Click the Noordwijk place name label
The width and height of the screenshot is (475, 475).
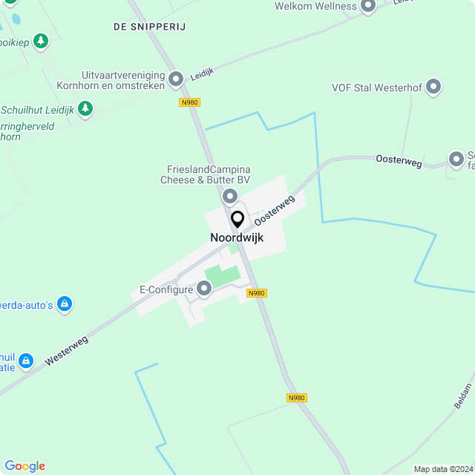coord(237,237)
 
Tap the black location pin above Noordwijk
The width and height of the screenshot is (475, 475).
coord(237,220)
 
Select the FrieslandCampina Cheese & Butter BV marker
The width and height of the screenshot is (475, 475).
coord(230,196)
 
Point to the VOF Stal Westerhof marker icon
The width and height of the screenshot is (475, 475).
coord(434,88)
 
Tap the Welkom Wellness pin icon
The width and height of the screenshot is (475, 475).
coord(368,7)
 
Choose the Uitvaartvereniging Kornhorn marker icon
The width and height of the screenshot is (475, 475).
coord(176,78)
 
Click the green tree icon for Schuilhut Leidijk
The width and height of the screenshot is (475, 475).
coord(85,110)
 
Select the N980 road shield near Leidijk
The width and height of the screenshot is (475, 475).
coord(189,102)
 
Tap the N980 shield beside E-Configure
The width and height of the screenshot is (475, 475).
coord(257,293)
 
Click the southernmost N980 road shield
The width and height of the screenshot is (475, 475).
coord(296,398)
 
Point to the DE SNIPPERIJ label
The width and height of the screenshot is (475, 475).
coord(149,27)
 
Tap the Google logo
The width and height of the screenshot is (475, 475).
coord(24,466)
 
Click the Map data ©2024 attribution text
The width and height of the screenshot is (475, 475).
coord(442,469)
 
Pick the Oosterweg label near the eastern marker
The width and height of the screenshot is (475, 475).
coord(399,159)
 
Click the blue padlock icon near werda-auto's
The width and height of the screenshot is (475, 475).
coord(65,304)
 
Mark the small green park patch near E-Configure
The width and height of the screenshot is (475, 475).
coord(223,275)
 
